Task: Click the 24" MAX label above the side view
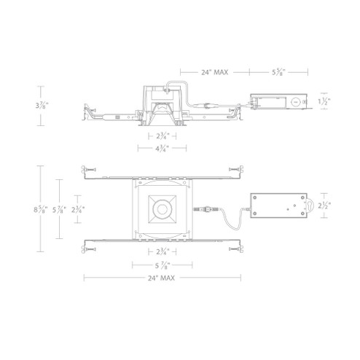coord(214,72)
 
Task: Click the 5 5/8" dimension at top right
coord(278,72)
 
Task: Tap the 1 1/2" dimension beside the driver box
coord(326,102)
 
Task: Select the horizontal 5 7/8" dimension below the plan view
coord(163,265)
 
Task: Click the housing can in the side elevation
coord(162,107)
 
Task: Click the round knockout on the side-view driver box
coord(294,103)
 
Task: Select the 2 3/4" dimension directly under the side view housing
coord(163,136)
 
